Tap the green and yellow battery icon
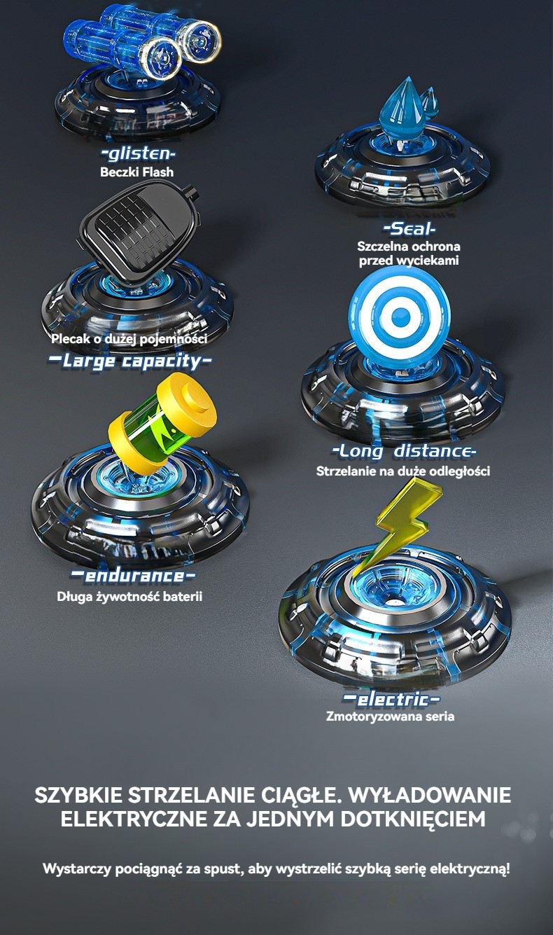point(162,424)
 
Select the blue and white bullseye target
point(400,314)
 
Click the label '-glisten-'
point(139,153)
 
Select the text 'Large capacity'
point(130,361)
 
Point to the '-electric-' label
point(391,699)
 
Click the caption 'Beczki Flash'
point(136,172)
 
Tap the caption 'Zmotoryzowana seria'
point(391,716)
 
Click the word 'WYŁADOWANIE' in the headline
point(430,795)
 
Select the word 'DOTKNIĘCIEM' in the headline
point(413,819)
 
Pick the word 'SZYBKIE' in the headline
point(78,796)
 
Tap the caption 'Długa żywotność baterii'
point(129,597)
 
